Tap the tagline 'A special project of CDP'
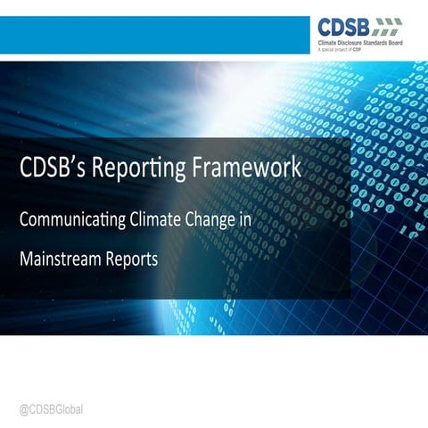click(x=349, y=52)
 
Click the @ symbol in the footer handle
click(x=24, y=407)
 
